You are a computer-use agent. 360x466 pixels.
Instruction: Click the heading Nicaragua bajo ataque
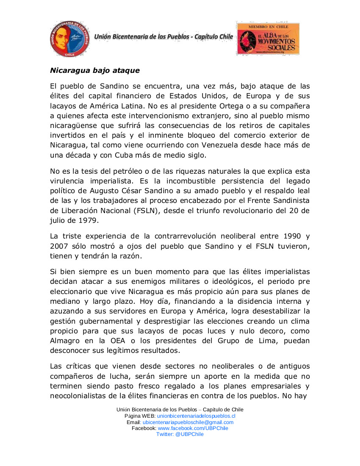click(95, 70)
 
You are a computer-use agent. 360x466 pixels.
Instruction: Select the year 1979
click(89, 221)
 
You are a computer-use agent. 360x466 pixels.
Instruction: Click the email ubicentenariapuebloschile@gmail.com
click(188, 422)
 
